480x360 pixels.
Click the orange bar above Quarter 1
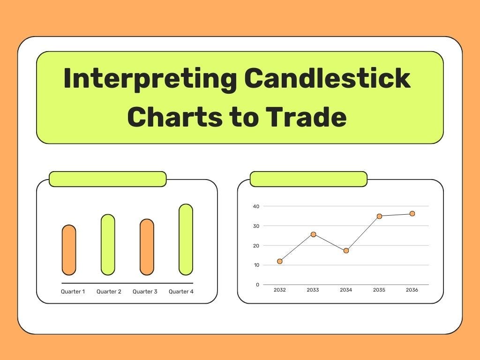point(69,250)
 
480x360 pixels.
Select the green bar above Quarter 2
point(108,244)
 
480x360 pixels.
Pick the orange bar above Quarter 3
point(147,247)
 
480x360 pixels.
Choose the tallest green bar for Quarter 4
point(186,239)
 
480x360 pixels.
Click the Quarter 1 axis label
point(73,292)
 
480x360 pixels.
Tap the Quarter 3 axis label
point(145,292)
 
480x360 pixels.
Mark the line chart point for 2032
point(280,261)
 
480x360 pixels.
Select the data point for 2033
point(313,234)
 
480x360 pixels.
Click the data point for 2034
point(346,251)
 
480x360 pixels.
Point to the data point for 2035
point(379,216)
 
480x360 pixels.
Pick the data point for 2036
point(412,214)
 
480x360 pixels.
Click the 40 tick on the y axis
point(256,206)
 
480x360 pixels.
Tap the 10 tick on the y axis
point(256,265)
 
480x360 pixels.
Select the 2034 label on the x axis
point(346,290)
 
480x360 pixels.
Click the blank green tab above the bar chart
point(107,179)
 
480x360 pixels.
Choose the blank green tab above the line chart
point(308,179)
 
